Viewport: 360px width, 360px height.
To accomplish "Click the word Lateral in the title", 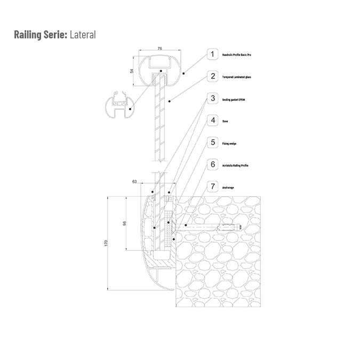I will [83, 35].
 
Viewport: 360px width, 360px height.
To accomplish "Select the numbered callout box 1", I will [213, 54].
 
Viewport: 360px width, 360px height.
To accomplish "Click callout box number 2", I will [213, 76].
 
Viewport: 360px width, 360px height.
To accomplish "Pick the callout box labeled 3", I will [213, 99].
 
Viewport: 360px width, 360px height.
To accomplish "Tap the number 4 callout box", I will [213, 121].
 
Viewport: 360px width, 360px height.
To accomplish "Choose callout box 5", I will [213, 142].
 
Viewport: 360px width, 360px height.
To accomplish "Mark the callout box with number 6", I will [213, 165].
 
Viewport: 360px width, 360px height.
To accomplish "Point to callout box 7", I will [213, 187].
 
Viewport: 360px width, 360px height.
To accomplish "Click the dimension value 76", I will [159, 49].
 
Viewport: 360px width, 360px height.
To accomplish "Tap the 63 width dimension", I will [134, 182].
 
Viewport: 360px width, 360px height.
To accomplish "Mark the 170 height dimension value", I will [106, 243].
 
